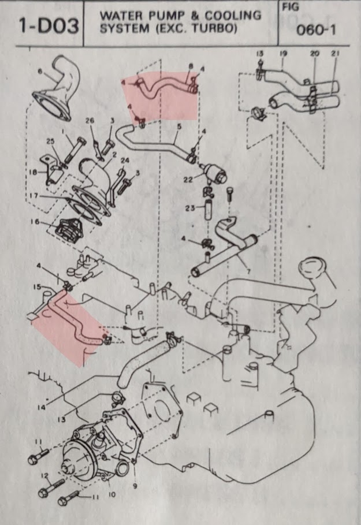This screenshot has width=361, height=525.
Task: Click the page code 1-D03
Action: point(48,26)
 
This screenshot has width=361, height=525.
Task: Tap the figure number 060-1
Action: point(315,31)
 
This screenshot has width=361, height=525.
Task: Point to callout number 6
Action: point(40,71)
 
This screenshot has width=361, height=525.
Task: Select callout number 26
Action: point(90,120)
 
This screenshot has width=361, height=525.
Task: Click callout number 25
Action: point(50,142)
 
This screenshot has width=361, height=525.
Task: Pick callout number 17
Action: point(34,195)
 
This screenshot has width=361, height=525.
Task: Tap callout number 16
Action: point(35,222)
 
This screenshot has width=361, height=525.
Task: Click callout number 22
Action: point(188,180)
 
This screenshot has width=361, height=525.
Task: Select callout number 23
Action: point(190,208)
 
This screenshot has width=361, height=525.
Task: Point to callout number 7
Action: point(248,272)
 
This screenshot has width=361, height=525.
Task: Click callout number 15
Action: point(37,287)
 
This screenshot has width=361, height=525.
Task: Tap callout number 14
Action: point(42,408)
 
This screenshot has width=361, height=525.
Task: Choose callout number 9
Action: point(135,486)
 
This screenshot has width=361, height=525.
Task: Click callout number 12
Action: point(44,475)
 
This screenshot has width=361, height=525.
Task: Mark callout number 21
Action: point(335,53)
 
